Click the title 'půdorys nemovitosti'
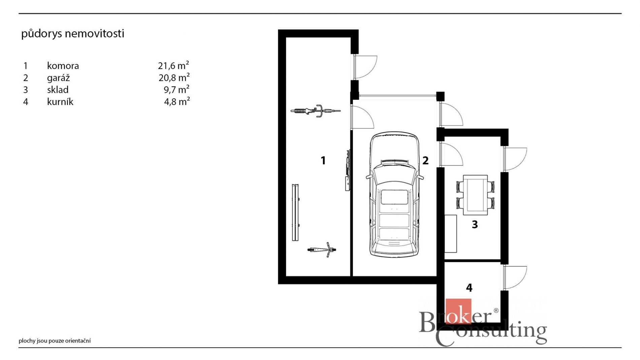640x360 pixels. [73, 34]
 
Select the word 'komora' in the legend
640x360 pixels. [63, 66]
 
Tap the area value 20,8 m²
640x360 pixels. [174, 77]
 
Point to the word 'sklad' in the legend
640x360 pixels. [58, 90]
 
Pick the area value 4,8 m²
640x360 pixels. [177, 101]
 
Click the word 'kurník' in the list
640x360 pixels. [60, 102]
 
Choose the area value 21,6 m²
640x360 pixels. [173, 65]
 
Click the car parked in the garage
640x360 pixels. [394, 195]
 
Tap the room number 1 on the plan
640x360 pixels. [323, 161]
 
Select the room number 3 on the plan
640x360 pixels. [475, 224]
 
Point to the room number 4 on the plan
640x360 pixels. [469, 288]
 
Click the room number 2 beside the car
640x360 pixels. [425, 161]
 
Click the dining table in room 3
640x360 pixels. [475, 195]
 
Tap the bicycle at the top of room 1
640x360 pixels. [316, 110]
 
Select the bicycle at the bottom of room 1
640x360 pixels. [322, 250]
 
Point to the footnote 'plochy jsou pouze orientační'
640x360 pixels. [55, 341]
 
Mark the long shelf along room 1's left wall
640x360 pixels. [295, 212]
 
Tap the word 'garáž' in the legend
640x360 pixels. [58, 78]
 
